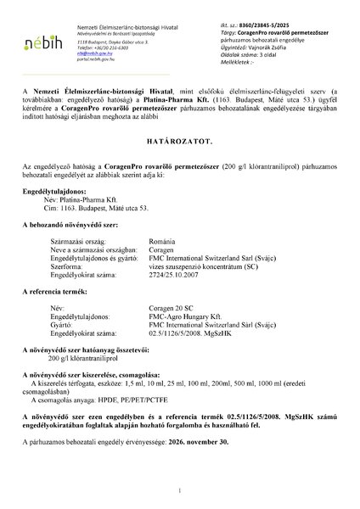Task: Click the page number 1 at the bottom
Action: coord(180,490)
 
